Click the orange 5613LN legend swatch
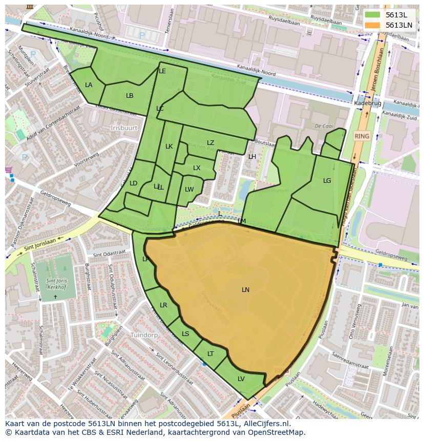click(373, 25)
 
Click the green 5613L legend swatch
click(373, 15)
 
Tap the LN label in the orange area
click(245, 290)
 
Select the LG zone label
click(327, 181)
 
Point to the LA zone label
click(89, 85)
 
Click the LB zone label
click(130, 96)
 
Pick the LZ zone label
click(210, 143)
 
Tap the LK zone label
click(169, 146)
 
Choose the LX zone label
click(197, 168)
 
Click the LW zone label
click(189, 190)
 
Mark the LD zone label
click(133, 183)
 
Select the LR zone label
click(163, 305)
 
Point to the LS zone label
click(185, 334)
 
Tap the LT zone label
click(210, 354)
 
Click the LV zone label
click(241, 379)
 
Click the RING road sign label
click(362, 136)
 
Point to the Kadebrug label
click(367, 103)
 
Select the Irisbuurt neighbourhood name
click(124, 128)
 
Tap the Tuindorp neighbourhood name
click(144, 335)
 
